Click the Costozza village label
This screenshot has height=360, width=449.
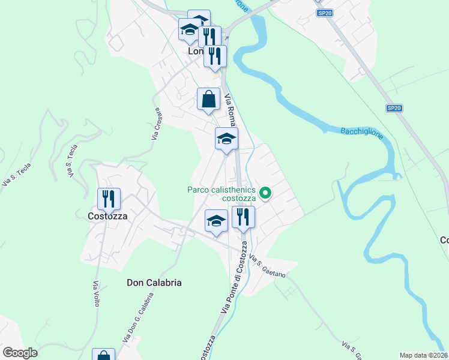pyautogui.click(x=107, y=217)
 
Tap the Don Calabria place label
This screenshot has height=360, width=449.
pyautogui.click(x=154, y=282)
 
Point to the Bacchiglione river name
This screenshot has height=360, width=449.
pyautogui.click(x=362, y=133)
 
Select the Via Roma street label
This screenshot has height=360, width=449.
pyautogui.click(x=230, y=108)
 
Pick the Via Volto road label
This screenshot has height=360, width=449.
pyautogui.click(x=96, y=294)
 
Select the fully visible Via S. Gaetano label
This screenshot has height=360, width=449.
pyautogui.click(x=267, y=267)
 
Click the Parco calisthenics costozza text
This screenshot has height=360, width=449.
pyautogui.click(x=222, y=194)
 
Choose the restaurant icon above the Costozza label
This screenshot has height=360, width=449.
pyautogui.click(x=109, y=199)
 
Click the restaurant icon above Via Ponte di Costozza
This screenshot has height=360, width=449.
pyautogui.click(x=243, y=217)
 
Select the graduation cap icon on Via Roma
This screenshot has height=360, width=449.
pyautogui.click(x=226, y=139)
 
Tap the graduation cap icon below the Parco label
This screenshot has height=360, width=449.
pyautogui.click(x=216, y=221)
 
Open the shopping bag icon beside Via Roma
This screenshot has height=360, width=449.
pyautogui.click(x=208, y=99)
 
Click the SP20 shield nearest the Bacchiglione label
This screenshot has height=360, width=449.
pyautogui.click(x=393, y=108)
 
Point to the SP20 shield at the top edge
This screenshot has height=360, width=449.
pyautogui.click(x=325, y=13)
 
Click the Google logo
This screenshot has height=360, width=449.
pyautogui.click(x=20, y=353)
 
